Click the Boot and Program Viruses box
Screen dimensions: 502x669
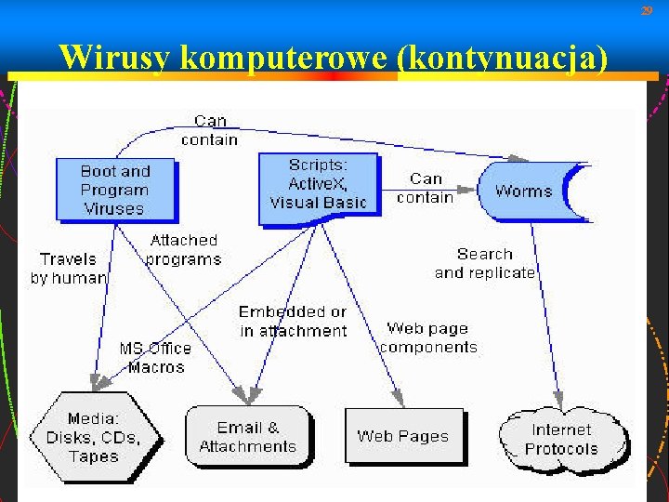[x=113, y=190]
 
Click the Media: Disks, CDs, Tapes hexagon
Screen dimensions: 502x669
[x=93, y=437]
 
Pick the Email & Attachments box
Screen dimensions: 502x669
[x=247, y=436]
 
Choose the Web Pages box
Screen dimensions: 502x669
[x=402, y=435]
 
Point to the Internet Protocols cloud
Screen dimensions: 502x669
[x=561, y=439]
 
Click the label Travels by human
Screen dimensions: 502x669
[x=68, y=268]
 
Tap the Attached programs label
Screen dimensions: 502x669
[x=183, y=249]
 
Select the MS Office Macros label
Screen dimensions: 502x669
[x=155, y=357]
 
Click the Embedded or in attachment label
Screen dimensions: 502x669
[x=292, y=321]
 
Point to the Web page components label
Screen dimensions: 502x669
[x=427, y=337]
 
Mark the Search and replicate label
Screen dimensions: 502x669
[x=484, y=263]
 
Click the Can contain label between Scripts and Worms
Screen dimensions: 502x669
[x=426, y=187]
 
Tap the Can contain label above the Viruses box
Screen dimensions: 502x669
[x=210, y=130]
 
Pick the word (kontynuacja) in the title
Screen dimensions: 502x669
[x=503, y=58]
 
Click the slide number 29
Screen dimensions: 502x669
[x=647, y=10]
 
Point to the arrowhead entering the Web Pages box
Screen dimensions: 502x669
[x=400, y=401]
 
